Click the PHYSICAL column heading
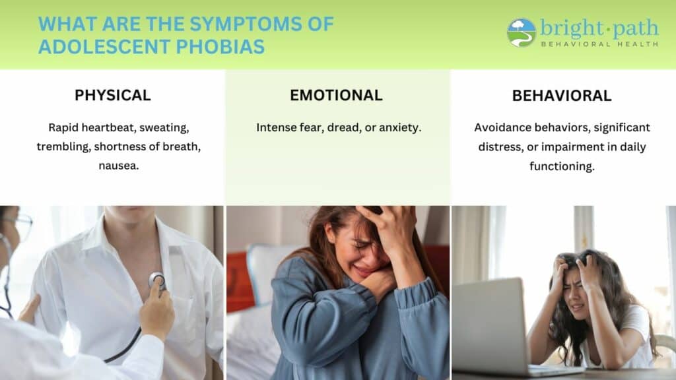point(112,95)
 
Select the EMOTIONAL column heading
point(336,95)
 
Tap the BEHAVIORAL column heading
point(562,96)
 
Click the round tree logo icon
point(522,32)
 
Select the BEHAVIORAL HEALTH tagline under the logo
point(599,44)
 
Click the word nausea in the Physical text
point(119,166)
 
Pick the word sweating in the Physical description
point(164,128)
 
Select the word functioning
point(562,166)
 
